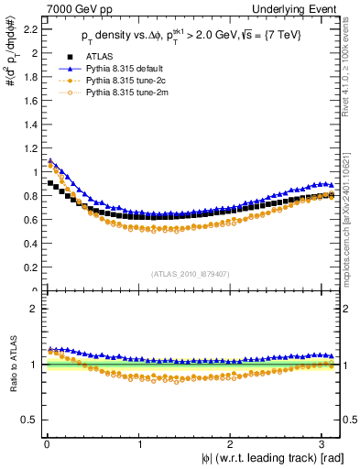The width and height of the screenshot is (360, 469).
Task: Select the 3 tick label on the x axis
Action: [326, 444]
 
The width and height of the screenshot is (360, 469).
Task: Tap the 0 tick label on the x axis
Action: [46, 444]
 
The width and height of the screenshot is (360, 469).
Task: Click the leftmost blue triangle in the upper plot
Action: [50, 161]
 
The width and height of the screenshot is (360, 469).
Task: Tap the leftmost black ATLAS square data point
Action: [50, 183]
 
